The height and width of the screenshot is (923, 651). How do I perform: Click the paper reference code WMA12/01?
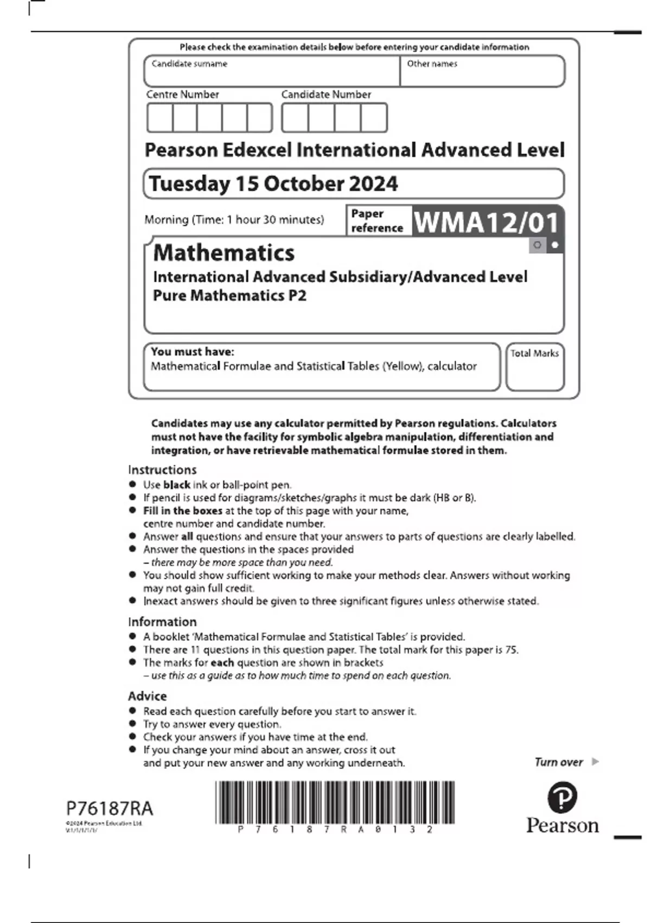[486, 222]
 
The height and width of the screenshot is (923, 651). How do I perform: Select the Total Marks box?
[535, 367]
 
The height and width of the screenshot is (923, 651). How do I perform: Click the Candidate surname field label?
[189, 64]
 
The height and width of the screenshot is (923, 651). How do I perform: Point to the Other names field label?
[432, 64]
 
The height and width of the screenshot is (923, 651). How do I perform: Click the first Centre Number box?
[160, 118]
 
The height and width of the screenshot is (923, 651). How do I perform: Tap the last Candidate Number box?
[374, 118]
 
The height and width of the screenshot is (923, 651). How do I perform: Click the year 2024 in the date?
[373, 184]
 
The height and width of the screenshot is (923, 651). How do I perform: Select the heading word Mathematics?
[224, 253]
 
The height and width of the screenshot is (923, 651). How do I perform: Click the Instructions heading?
[162, 470]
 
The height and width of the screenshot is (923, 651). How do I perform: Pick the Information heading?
[162, 622]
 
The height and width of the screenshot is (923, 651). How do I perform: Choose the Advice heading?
[148, 696]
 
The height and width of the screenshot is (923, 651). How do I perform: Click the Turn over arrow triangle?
[595, 762]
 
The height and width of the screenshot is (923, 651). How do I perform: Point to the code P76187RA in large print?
[110, 808]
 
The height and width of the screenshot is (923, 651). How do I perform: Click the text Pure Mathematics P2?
[229, 296]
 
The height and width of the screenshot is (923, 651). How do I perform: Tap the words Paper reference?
[376, 221]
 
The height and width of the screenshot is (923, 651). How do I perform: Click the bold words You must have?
[193, 352]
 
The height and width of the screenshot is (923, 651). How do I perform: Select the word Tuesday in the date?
[189, 184]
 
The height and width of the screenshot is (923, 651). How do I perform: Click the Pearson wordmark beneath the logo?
[562, 826]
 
